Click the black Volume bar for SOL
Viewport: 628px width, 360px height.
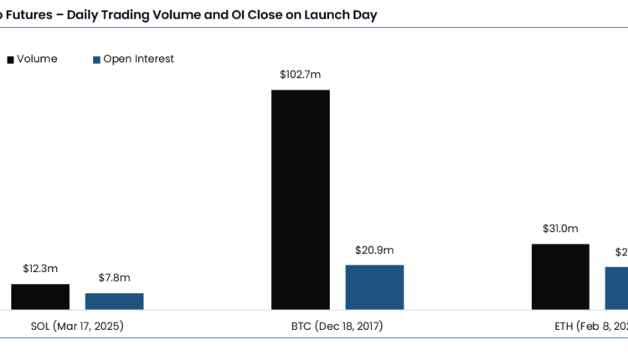point(40,297)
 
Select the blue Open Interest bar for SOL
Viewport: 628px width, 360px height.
point(114,301)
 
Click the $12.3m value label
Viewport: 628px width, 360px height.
point(40,269)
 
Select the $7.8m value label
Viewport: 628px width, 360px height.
point(114,278)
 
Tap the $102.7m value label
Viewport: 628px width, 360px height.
point(301,75)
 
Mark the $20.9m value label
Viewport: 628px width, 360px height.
point(374,249)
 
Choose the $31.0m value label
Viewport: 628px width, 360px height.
point(561,229)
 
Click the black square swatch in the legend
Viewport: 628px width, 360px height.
point(11,59)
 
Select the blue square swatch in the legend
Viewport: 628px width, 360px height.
point(96,59)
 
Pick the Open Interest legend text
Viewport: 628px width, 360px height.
point(138,59)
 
